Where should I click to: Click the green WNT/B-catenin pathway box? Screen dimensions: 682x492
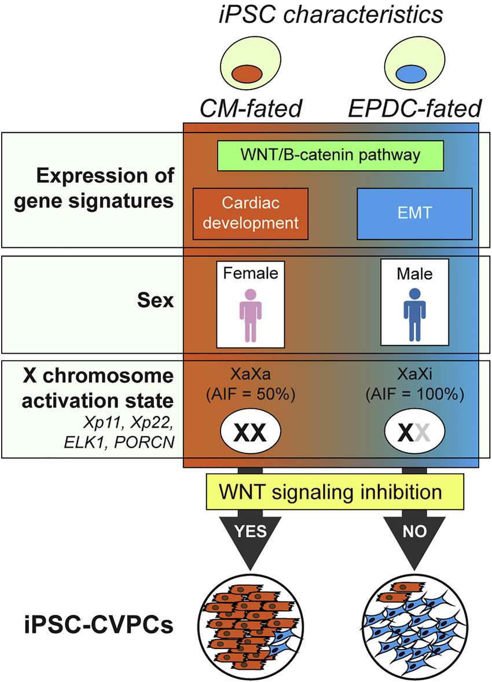(x=330, y=156)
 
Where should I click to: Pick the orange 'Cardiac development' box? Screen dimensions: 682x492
(x=251, y=213)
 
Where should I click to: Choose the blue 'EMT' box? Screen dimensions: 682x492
(x=414, y=213)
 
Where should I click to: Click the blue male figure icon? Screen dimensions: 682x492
(x=414, y=314)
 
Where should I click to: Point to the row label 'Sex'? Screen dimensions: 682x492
(x=157, y=302)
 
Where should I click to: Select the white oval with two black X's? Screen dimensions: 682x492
(x=251, y=431)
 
